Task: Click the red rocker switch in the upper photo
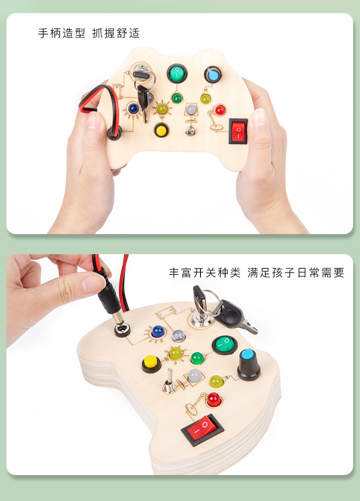pos(238,131)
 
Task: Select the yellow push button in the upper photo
pos(160,131)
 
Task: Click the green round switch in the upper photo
pos(177,73)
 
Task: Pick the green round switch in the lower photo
pos(225,345)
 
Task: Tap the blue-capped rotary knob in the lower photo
pos(249,365)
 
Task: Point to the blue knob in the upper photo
pos(212,74)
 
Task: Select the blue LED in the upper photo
pos(134,108)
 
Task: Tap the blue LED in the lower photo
pos(158,331)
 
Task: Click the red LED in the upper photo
pos(220,110)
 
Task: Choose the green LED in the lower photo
pos(197,358)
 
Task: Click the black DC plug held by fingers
pos(108,298)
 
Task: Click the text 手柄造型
pos(62,34)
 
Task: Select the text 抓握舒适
pos(116,34)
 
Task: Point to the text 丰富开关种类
pos(205,273)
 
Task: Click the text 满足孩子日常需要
pos(296,273)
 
